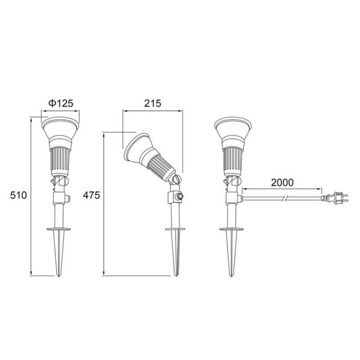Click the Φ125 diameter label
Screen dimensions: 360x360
[60, 104]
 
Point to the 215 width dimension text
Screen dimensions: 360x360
[153, 103]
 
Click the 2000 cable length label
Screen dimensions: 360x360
[282, 181]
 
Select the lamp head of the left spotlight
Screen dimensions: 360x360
[58, 130]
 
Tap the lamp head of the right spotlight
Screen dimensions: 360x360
[231, 130]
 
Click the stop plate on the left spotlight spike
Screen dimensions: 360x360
[58, 229]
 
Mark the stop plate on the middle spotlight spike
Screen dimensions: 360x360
[175, 229]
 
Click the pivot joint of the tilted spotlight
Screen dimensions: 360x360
[175, 179]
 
